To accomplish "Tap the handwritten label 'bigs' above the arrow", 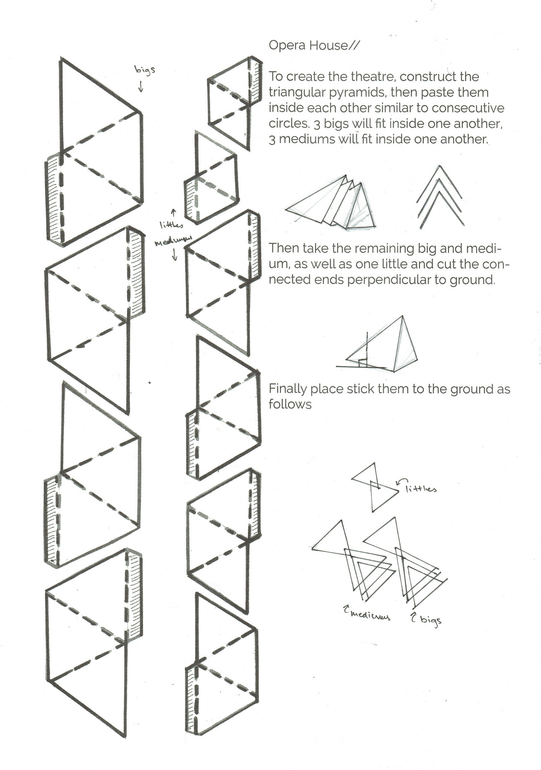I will (145, 70).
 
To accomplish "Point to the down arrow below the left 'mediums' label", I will (175, 255).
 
